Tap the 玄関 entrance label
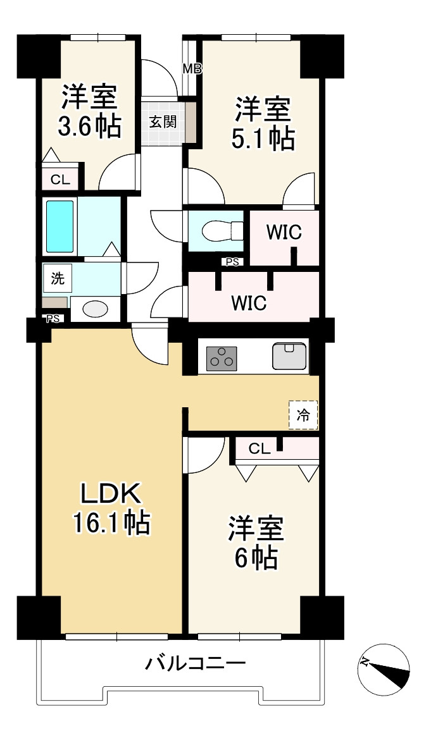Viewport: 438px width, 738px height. pyautogui.click(x=163, y=121)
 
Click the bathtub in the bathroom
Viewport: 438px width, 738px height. pyautogui.click(x=60, y=226)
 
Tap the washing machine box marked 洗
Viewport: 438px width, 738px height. pyautogui.click(x=58, y=277)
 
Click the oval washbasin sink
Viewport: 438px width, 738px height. pyautogui.click(x=95, y=309)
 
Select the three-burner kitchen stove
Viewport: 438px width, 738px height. pyautogui.click(x=222, y=359)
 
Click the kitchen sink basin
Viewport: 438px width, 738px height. pyautogui.click(x=291, y=355)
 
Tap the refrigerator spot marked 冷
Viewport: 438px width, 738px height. pyautogui.click(x=304, y=415)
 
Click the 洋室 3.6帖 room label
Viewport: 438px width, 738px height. pyautogui.click(x=89, y=112)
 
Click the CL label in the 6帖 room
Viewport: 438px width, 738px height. pyautogui.click(x=259, y=450)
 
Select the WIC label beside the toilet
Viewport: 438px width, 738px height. pyautogui.click(x=283, y=233)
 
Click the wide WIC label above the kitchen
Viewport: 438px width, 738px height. pyautogui.click(x=248, y=302)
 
